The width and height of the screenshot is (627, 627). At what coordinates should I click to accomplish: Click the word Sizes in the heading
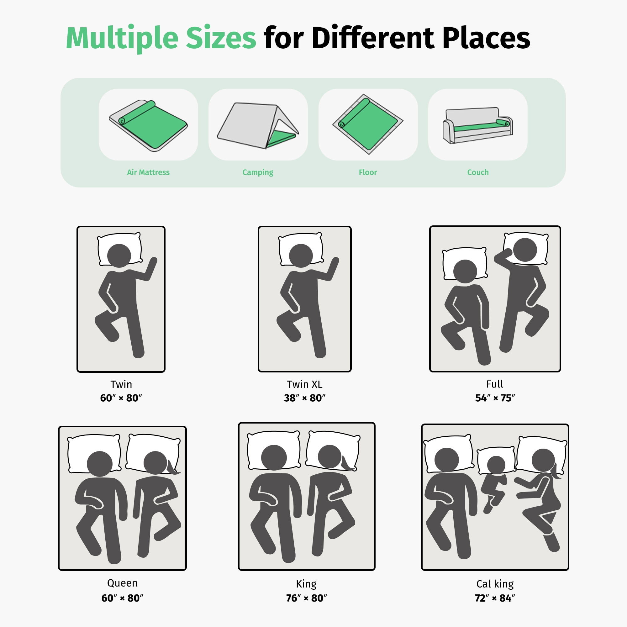[221, 38]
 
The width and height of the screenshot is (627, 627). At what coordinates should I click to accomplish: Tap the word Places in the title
[486, 38]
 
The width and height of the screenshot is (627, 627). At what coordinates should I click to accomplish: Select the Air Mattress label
[148, 172]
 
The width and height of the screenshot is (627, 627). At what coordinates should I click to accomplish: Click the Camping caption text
[258, 172]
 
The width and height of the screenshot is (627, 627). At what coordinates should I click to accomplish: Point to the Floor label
[368, 172]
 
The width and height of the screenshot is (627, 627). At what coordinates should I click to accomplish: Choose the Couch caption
[478, 172]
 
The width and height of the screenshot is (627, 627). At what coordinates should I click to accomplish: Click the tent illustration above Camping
[258, 126]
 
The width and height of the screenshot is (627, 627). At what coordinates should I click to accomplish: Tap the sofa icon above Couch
[478, 126]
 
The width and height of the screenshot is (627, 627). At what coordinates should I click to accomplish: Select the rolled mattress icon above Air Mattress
[148, 126]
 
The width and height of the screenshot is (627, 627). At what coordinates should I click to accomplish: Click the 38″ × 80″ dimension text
[304, 398]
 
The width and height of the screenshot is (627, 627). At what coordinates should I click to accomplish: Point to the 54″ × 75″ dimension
[495, 398]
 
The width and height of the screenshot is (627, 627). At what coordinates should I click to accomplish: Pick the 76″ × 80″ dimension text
[306, 598]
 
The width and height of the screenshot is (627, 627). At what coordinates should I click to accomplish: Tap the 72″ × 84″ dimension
[495, 598]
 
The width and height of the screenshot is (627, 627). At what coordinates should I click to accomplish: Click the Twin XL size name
[304, 384]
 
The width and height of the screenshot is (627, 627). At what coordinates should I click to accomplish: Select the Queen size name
[122, 583]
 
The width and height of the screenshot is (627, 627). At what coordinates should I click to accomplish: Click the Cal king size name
[495, 584]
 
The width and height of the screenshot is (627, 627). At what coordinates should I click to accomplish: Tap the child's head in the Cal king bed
[496, 465]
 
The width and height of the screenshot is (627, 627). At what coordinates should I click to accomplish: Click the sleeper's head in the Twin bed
[119, 256]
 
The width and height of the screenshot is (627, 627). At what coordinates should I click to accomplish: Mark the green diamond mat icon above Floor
[368, 124]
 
